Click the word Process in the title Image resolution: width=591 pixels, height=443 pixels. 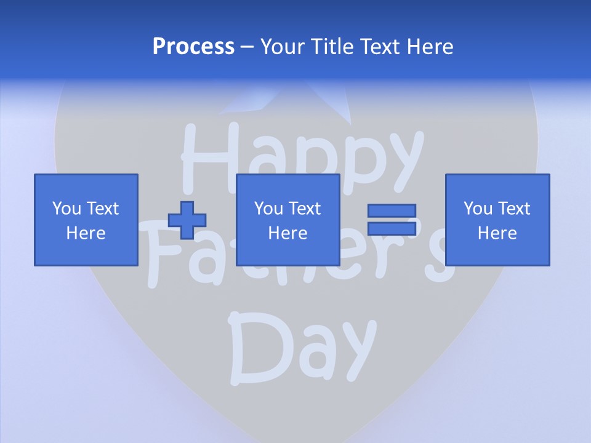pos(193,47)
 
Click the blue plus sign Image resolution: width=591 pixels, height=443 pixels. pos(187,220)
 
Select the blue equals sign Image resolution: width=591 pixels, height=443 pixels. pos(392,220)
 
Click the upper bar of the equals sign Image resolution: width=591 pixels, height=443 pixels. pos(392,211)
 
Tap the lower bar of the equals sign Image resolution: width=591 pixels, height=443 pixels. pos(392,228)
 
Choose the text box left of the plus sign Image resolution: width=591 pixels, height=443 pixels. pos(86,220)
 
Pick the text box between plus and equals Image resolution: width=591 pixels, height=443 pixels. pos(287,220)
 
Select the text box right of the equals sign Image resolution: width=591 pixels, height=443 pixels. pos(497,220)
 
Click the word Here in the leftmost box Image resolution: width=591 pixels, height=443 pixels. pos(86,233)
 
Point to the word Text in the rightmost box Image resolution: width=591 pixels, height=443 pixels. pos(513,209)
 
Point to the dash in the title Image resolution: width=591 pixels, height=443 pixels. pos(247,47)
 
